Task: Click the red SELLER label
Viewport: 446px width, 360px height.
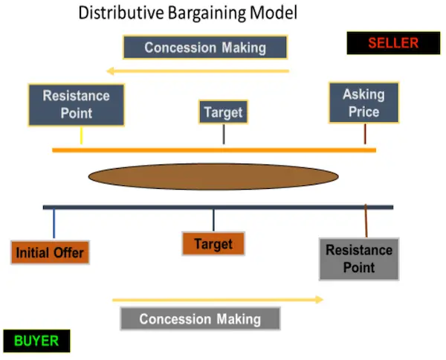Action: click(x=393, y=43)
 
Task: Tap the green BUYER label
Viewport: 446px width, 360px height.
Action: click(x=36, y=341)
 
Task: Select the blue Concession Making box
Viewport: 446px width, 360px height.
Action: click(x=205, y=48)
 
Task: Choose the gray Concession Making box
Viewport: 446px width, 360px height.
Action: click(x=200, y=319)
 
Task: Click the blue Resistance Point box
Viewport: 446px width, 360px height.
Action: click(x=77, y=105)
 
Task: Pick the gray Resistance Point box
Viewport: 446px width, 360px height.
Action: click(x=359, y=259)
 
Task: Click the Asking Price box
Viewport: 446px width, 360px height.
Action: click(x=363, y=103)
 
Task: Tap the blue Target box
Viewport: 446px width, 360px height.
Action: click(x=223, y=112)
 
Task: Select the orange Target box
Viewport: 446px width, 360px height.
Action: click(x=213, y=244)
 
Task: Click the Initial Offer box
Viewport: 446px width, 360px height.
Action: click(x=50, y=252)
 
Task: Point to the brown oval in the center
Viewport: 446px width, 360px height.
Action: click(x=213, y=176)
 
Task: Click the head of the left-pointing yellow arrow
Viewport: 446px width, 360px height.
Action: click(x=109, y=71)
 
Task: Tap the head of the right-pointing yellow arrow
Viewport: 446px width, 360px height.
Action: click(x=320, y=300)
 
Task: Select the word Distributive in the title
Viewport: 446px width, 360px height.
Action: click(x=121, y=13)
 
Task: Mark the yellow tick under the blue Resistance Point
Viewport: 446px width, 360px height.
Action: click(x=81, y=135)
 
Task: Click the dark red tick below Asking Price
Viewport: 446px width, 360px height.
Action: click(x=365, y=134)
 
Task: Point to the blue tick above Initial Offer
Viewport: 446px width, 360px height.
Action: click(x=54, y=224)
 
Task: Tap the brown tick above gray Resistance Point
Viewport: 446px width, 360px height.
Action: click(x=366, y=221)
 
